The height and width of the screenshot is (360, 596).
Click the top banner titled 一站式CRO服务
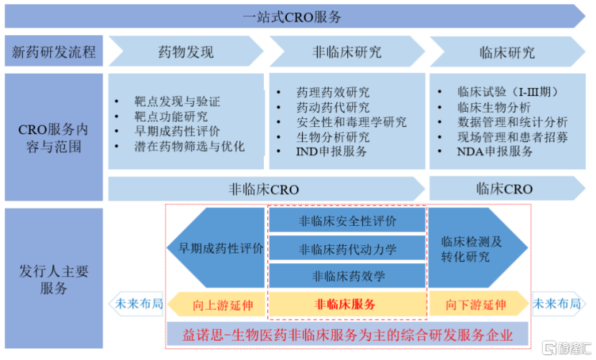(x=295, y=16)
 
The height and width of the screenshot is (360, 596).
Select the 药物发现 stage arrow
(x=186, y=52)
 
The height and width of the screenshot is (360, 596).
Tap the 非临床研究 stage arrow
(x=347, y=52)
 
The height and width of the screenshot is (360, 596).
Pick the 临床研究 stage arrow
(x=508, y=52)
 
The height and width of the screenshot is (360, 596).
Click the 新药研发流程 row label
(x=54, y=52)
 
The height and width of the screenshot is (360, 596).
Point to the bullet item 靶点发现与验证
(x=177, y=102)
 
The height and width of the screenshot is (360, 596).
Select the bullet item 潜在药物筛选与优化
(x=189, y=146)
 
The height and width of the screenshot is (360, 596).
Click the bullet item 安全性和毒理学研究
(x=351, y=122)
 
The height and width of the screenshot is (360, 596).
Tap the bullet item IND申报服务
(x=331, y=151)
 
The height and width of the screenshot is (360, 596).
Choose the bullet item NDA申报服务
(x=495, y=151)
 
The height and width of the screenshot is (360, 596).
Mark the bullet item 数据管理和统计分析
(x=512, y=122)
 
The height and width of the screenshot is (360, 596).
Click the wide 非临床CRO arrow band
(x=266, y=189)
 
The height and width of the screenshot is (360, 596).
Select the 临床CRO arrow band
(x=508, y=188)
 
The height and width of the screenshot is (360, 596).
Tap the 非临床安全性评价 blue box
(x=347, y=220)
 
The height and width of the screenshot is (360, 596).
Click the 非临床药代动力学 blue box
(x=347, y=249)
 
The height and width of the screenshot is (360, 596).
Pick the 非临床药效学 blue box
(x=347, y=276)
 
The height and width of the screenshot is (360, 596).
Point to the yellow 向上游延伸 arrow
(x=217, y=304)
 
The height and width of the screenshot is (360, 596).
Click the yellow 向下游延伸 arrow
(x=479, y=304)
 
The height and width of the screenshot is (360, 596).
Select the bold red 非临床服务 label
(x=345, y=304)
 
